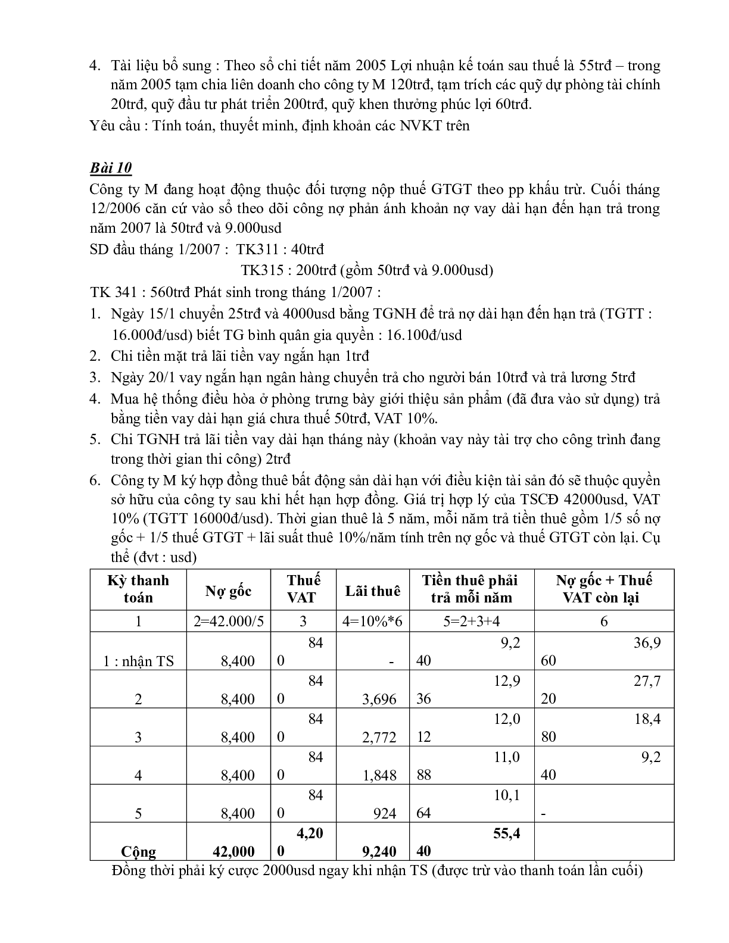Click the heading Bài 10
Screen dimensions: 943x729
pos(111,168)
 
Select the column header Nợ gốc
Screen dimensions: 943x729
pos(228,591)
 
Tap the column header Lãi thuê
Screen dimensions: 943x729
pos(373,591)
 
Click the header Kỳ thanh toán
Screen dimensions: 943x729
pos(138,589)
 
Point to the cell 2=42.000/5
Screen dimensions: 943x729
pos(228,622)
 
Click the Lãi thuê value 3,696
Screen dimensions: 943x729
pos(379,700)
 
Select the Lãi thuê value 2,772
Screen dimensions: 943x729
pos(379,738)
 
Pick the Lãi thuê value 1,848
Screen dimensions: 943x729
pos(379,776)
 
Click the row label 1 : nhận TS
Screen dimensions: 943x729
pos(139,661)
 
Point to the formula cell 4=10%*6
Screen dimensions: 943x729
pos(373,622)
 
